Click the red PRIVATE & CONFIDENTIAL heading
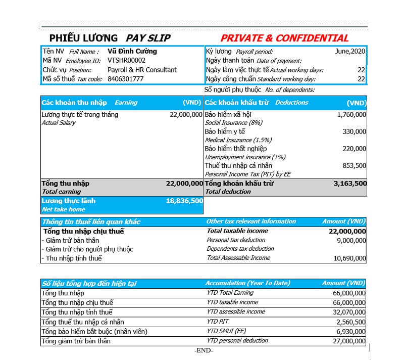284,38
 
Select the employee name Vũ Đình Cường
132,51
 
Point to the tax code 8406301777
125,79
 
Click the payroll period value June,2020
350,51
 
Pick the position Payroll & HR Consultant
142,70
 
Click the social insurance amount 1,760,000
351,115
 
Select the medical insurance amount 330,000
355,131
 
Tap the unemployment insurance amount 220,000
355,149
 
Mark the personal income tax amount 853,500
355,165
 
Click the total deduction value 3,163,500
350,184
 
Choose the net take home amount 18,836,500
184,201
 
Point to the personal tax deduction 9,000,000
350,240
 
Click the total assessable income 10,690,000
348,258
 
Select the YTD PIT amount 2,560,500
350,322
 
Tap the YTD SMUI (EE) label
226,331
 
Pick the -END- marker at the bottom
204,351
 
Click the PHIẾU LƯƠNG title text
83,38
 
